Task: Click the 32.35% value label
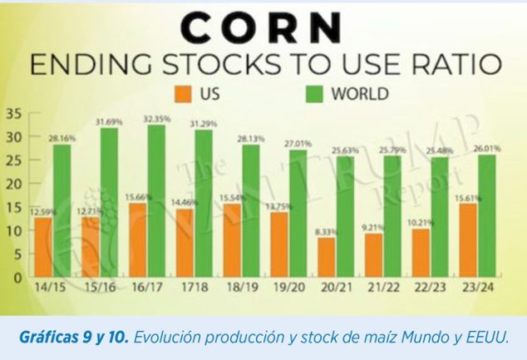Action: (155, 119)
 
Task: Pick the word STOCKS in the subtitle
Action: (211, 63)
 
